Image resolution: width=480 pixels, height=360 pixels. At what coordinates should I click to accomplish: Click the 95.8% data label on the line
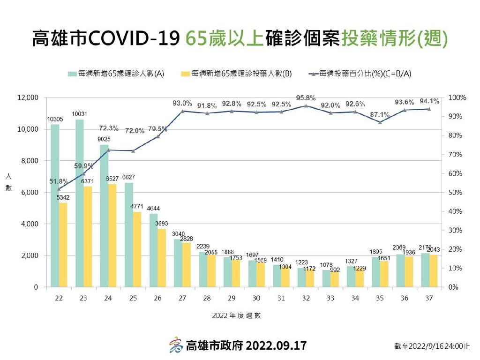click(x=305, y=98)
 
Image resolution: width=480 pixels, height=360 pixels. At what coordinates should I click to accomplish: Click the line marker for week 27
click(x=182, y=111)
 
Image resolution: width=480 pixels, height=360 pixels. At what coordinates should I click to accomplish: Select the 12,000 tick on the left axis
click(x=28, y=97)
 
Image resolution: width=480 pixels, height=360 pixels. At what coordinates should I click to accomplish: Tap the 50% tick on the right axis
click(x=455, y=192)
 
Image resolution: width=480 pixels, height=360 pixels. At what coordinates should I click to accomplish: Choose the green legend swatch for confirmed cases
click(x=72, y=74)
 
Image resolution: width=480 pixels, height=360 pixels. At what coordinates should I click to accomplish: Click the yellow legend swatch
click(x=185, y=74)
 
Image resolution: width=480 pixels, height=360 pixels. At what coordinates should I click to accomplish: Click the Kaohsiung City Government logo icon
click(x=176, y=345)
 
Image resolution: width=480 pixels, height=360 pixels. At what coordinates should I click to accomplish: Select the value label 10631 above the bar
click(x=80, y=114)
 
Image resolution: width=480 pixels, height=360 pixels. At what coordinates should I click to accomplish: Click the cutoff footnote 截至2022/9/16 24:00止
click(x=431, y=346)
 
